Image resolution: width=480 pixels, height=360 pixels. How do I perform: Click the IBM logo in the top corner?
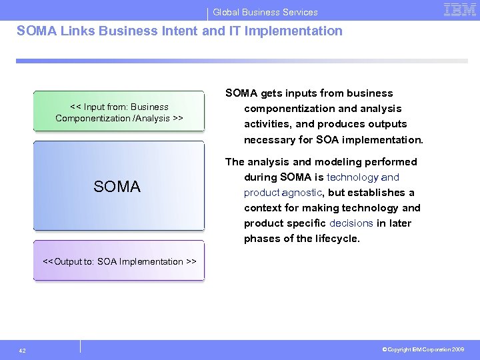point(460,9)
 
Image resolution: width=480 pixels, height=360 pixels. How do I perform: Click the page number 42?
point(23,350)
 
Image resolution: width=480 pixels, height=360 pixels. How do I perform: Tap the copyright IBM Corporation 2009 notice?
point(423,349)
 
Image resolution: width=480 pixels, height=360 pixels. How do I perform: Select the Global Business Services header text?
point(265,12)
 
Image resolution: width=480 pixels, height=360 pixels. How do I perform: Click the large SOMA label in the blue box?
point(117,187)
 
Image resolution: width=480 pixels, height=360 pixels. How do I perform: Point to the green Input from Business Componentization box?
point(119,112)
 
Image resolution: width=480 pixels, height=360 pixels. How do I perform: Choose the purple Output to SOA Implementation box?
point(119,261)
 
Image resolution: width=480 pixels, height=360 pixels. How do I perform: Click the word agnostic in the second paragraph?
point(301,193)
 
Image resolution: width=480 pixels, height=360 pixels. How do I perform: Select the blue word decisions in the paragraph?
point(351,223)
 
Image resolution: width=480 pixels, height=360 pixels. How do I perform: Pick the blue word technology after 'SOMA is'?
point(352,177)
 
